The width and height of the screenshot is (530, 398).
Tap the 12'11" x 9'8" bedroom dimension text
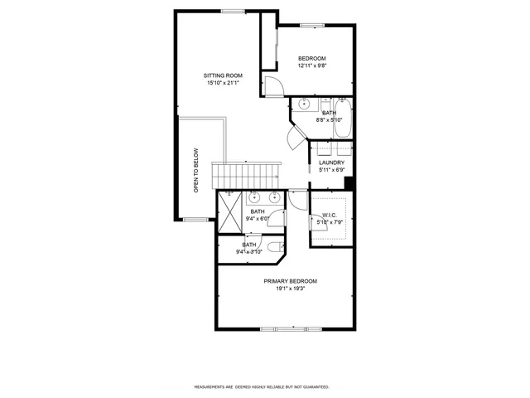pos(318,66)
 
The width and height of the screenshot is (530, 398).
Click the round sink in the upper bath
pos(304,104)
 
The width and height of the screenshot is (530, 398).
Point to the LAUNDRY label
pos(331,163)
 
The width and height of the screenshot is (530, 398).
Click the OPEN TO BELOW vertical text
pos(196,170)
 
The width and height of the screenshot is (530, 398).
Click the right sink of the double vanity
pos(273,197)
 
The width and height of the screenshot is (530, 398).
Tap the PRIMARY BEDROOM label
pos(291,281)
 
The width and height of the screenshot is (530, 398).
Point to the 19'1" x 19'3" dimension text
pos(291,289)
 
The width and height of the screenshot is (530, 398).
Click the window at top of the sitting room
pos(233,11)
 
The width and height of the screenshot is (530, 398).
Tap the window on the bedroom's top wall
pos(312,26)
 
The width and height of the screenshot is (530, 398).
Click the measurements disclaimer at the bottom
pos(262,386)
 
